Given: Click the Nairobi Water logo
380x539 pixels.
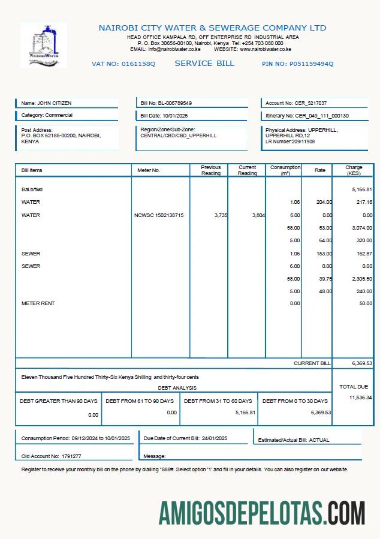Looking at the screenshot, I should click(x=44, y=45).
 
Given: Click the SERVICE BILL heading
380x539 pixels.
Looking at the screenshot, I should click(x=204, y=64).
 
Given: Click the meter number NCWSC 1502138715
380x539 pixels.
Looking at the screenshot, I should click(x=159, y=215).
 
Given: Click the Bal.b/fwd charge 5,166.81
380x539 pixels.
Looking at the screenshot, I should click(x=362, y=189).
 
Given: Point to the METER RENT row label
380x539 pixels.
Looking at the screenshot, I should click(x=38, y=303).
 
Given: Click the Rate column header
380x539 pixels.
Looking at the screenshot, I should click(x=320, y=170).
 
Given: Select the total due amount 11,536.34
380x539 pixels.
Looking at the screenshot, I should click(x=360, y=398).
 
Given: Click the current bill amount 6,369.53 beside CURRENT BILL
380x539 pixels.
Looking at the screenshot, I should click(x=362, y=363).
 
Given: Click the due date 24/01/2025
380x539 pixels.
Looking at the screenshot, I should click(x=215, y=438).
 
